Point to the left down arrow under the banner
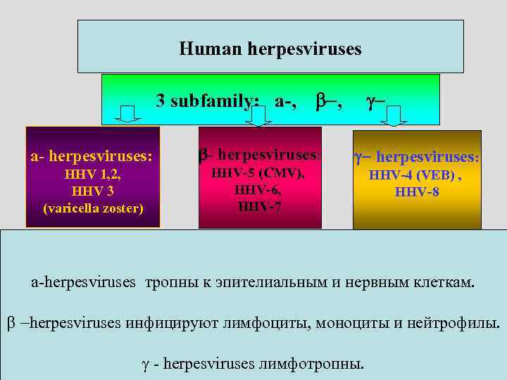(x=128, y=114)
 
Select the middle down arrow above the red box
(x=261, y=116)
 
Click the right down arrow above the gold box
(x=393, y=115)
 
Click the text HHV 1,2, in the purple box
(x=92, y=176)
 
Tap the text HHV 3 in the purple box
(x=92, y=191)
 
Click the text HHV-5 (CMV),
(x=259, y=174)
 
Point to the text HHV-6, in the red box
(x=260, y=190)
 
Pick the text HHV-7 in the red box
(x=260, y=206)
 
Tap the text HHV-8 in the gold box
(x=417, y=191)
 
